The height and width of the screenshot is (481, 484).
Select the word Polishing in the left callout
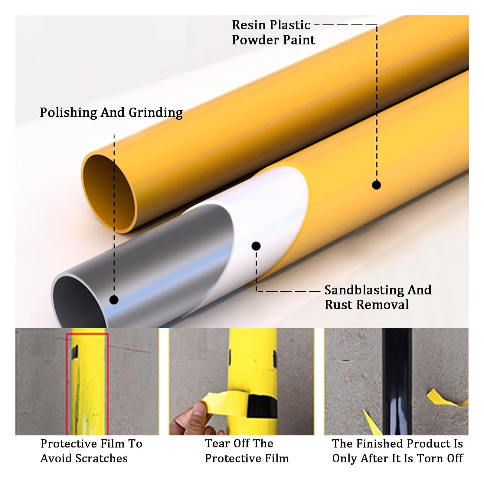pos(68,112)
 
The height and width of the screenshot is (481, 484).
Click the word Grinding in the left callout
pos(155,112)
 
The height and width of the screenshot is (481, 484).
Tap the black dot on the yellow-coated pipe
pos(376,185)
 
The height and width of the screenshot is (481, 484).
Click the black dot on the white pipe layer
pos(256,246)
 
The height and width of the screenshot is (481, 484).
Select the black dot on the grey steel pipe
pos(114,300)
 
